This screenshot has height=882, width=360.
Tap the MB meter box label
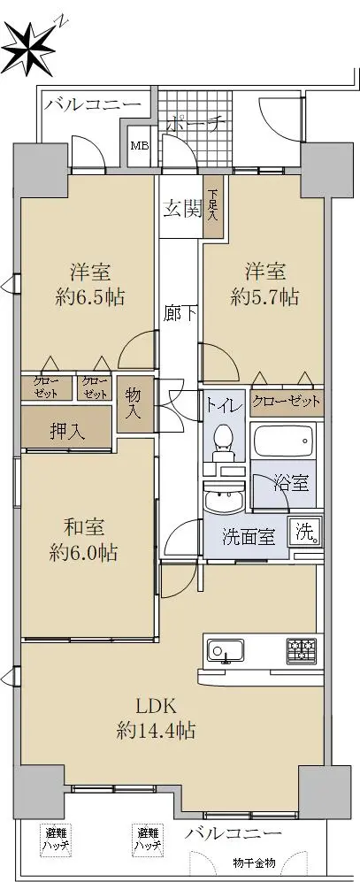point(140,146)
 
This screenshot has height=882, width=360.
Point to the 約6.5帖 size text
point(90,296)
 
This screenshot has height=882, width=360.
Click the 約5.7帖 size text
point(264,296)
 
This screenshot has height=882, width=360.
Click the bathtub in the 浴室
point(283,441)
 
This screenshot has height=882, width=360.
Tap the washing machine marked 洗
point(306,532)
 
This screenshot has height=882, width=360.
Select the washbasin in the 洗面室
point(224,496)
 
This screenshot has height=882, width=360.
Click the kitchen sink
point(225,651)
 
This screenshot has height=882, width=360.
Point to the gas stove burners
point(303,651)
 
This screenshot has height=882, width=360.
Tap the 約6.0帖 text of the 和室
point(83,553)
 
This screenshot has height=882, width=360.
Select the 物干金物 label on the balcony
point(255,862)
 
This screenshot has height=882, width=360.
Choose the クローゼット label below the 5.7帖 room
point(287,402)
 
